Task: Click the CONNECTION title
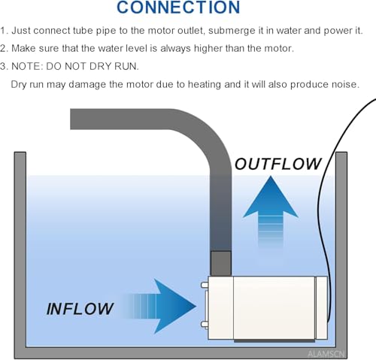[178, 8]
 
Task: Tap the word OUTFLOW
[277, 164]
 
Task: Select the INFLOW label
[80, 309]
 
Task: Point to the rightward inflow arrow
[159, 306]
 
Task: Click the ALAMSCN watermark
[326, 354]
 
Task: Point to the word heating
[205, 84]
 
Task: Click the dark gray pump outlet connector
[220, 264]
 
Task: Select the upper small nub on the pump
[205, 285]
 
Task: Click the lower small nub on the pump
[205, 325]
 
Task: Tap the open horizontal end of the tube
[71, 119]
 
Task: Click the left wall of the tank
[20, 250]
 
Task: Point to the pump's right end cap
[321, 307]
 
